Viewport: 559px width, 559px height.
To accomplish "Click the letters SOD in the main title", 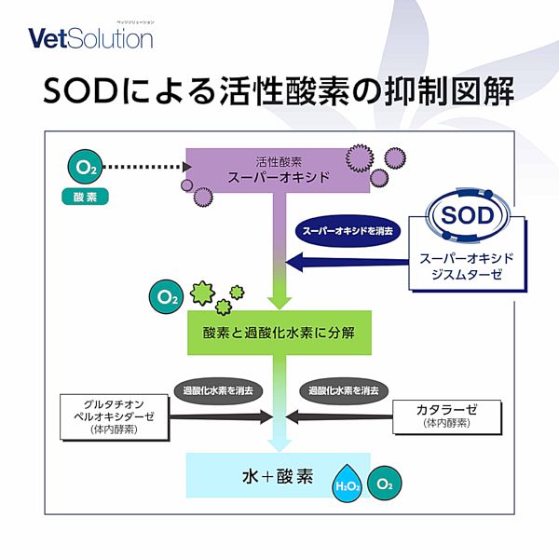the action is pyautogui.click(x=81, y=91).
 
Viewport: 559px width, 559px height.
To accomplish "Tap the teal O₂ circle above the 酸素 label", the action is pyautogui.click(x=85, y=167).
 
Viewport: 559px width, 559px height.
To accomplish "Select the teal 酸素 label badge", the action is pyautogui.click(x=85, y=197).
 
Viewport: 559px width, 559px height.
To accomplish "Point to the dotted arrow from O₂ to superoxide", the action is pyautogui.click(x=147, y=167).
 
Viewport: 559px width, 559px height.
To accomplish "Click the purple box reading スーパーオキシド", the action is pyautogui.click(x=278, y=170).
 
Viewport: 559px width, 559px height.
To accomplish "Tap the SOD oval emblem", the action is pyautogui.click(x=467, y=215).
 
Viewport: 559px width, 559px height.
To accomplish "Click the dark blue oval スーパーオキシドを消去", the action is pyautogui.click(x=348, y=231).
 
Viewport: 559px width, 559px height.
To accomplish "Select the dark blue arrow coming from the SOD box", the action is pyautogui.click(x=348, y=263).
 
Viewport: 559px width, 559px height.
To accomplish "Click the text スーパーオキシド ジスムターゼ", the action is pyautogui.click(x=467, y=266).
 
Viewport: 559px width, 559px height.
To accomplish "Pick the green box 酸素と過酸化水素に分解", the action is pyautogui.click(x=279, y=333).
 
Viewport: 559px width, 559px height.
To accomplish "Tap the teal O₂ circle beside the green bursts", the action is pyautogui.click(x=166, y=296).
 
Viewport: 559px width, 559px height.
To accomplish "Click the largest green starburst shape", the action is pyautogui.click(x=202, y=293).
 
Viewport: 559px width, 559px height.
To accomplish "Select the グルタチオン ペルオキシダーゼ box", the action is pyautogui.click(x=114, y=416).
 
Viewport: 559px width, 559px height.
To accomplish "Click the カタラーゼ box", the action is pyautogui.click(x=446, y=416).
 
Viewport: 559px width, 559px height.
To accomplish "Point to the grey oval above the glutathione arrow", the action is pyautogui.click(x=218, y=390).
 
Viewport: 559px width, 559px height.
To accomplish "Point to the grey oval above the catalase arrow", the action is pyautogui.click(x=344, y=390).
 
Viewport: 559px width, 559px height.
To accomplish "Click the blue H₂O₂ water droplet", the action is pyautogui.click(x=348, y=484).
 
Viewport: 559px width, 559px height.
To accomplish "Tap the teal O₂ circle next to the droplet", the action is pyautogui.click(x=384, y=484).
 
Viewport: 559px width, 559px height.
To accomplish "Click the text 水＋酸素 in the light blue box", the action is pyautogui.click(x=278, y=476).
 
